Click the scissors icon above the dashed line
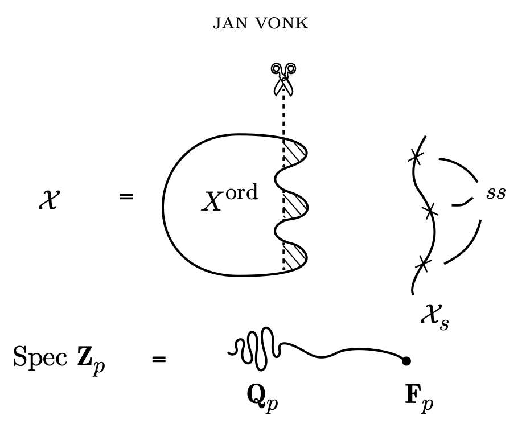283,78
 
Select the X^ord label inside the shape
229,199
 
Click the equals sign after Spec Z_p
159,359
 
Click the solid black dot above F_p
406,360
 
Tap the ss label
495,193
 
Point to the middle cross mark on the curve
431,212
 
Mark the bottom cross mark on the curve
422,263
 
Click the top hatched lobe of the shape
294,154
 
